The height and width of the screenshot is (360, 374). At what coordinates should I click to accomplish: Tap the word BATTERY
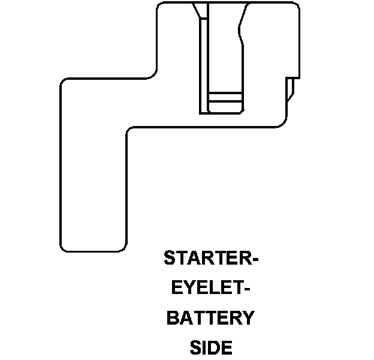coord(210,317)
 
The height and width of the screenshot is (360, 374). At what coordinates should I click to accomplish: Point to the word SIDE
coord(210,347)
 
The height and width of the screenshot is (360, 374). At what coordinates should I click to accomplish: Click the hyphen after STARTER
coord(254,260)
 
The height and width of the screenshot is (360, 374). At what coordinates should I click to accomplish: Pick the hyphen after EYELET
coord(246,289)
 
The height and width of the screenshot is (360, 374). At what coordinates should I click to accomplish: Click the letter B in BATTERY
coord(173,317)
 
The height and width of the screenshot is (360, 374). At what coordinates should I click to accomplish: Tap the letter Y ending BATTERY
coord(247,317)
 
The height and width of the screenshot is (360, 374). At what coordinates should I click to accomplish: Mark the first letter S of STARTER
coord(170,259)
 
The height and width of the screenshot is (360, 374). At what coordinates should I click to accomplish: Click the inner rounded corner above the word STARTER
coord(131,131)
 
